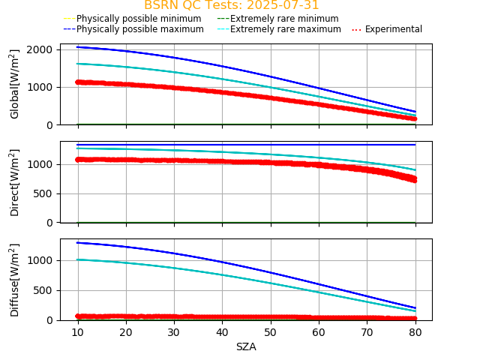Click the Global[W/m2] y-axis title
coord(15,84)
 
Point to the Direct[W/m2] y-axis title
coord(15,182)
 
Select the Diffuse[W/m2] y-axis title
coord(15,279)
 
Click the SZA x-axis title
coord(246,346)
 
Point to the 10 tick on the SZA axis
coord(78,331)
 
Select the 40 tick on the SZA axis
coord(222,331)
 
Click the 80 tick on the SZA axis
coord(415,331)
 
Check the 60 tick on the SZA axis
coord(319,331)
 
